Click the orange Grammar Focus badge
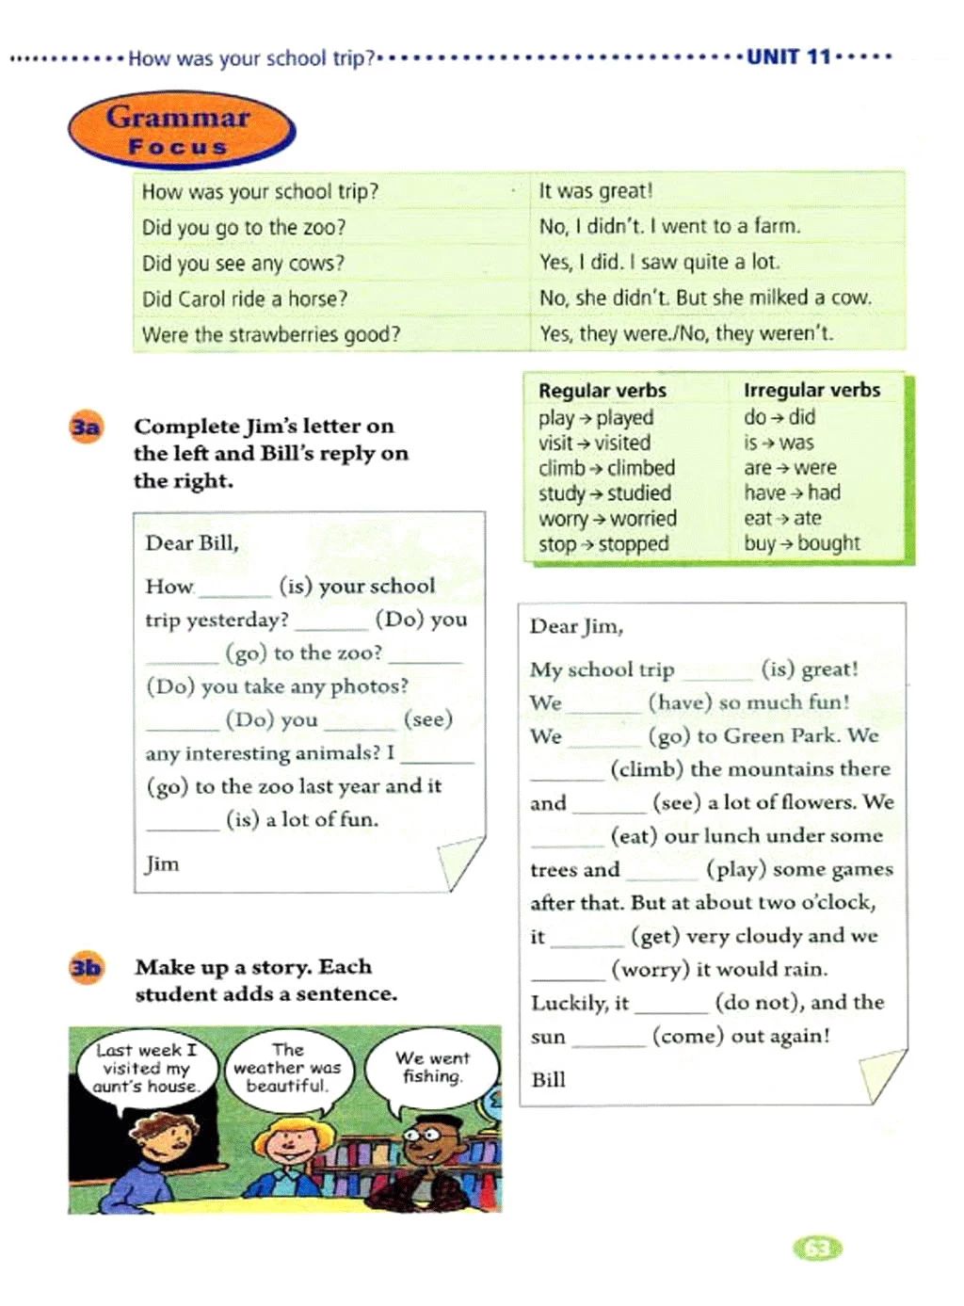pos(181,130)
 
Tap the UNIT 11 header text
pos(789,57)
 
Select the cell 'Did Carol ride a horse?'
pos(245,299)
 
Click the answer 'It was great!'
pos(595,191)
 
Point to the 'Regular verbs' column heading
pos(602,391)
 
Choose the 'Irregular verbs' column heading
pos(811,390)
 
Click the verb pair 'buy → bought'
pos(801,543)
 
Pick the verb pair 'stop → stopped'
pos(603,544)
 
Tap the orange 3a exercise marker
pos(85,427)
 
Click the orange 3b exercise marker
pos(86,968)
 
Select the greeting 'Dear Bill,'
pos(192,543)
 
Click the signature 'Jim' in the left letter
pos(162,864)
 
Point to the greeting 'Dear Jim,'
pos(576,627)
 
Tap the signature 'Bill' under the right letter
pos(548,1080)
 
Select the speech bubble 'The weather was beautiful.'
pos(287,1068)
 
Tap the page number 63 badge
pos(818,1249)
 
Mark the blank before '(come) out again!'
pos(608,1038)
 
